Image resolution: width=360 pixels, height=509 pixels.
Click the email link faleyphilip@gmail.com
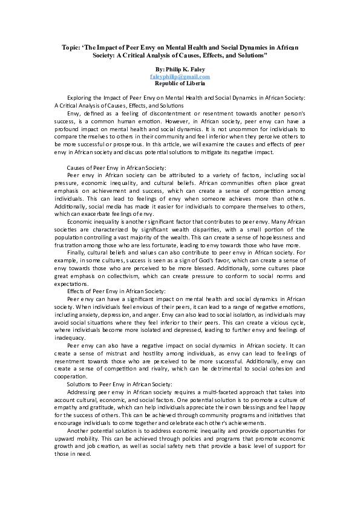pyautogui.click(x=180, y=77)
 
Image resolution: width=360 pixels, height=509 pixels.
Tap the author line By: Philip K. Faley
pyautogui.click(x=180, y=70)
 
